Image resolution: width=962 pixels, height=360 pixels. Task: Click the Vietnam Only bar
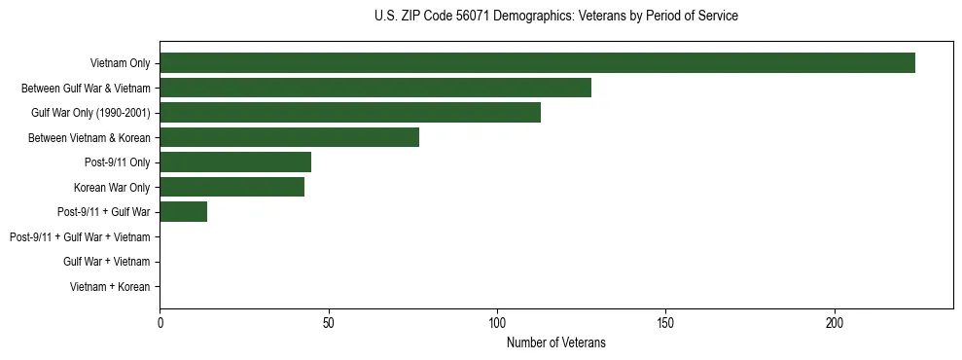point(537,63)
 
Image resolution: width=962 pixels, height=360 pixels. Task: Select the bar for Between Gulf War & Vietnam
point(375,88)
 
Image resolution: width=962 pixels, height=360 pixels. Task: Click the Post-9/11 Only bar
point(235,162)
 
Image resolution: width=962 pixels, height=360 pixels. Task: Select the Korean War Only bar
point(232,187)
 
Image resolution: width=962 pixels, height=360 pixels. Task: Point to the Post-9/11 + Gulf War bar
point(183,212)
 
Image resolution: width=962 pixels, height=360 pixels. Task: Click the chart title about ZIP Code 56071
point(555,17)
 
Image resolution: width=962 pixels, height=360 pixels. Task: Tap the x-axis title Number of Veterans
point(555,342)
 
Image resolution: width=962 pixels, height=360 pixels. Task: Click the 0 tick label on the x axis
point(160,321)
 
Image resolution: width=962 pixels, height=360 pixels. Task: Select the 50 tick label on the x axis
point(329,321)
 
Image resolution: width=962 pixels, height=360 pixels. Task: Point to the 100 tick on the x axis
point(497,321)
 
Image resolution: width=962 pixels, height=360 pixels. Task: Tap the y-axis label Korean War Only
point(111,187)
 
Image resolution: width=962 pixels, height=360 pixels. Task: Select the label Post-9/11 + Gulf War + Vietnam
point(79,236)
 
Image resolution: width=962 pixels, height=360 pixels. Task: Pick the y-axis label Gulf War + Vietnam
point(106,262)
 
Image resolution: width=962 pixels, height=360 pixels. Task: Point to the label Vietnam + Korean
point(110,286)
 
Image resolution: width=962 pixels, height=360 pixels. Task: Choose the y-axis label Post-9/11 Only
point(117,162)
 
